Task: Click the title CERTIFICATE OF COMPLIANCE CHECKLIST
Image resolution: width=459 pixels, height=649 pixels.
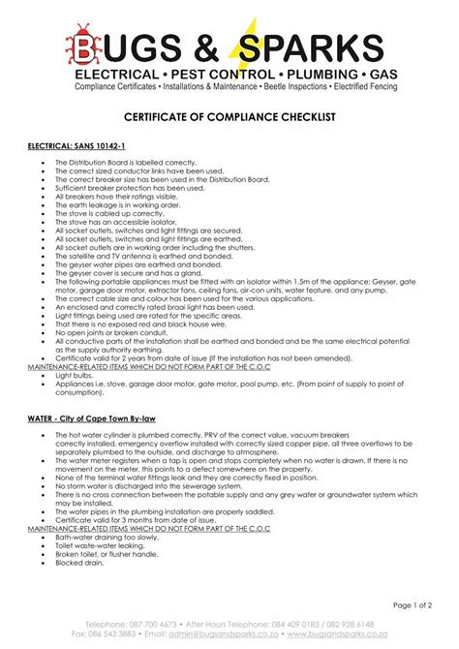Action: click(x=229, y=115)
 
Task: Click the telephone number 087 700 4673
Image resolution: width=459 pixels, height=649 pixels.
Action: click(x=150, y=626)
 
